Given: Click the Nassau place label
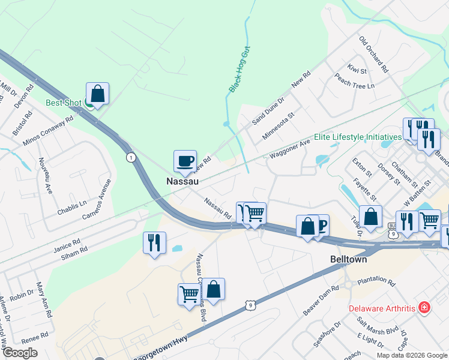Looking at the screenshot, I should click(182, 180).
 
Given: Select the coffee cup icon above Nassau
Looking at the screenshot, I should click(185, 161).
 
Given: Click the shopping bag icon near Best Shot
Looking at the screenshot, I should click(97, 94).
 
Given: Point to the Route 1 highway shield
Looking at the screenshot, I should click(130, 157).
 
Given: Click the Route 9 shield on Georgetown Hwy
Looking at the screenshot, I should click(250, 305).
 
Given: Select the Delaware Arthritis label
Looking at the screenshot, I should click(382, 308).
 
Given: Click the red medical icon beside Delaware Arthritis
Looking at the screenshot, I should click(424, 308).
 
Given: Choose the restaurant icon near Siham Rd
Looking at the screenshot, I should click(154, 242).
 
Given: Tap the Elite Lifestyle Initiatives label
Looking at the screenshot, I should click(352, 137).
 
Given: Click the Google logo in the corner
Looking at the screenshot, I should click(20, 353).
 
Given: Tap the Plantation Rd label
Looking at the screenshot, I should click(376, 281).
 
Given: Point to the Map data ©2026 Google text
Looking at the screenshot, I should click(412, 355).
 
